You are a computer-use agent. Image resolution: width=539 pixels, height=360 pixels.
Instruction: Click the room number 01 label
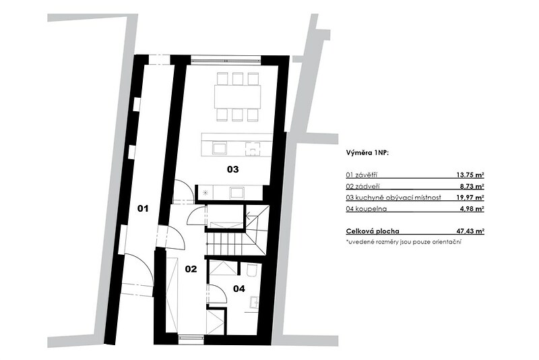point(143,208)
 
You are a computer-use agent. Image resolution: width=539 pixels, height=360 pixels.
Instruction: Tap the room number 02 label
point(191,269)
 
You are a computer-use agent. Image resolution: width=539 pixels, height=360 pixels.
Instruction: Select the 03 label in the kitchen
point(232,169)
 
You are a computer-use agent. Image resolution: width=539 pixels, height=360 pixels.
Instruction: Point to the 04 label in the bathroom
point(239,289)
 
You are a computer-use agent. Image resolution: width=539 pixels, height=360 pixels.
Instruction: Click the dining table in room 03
point(238,96)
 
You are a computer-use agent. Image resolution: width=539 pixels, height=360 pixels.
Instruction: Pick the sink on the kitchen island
point(220,148)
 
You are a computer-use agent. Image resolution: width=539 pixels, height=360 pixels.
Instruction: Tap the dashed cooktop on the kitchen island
point(253,149)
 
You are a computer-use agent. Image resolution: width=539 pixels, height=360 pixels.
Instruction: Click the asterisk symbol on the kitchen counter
point(205,193)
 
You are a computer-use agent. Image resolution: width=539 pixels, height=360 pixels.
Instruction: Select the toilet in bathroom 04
point(253,270)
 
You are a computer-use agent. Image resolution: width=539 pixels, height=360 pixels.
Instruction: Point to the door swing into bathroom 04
point(217,294)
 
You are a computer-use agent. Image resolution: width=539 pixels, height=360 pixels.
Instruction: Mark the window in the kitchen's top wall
point(226,60)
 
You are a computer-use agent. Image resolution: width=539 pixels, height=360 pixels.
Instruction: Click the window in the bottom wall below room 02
point(191,338)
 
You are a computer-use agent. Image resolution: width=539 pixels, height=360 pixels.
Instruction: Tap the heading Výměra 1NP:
point(367,153)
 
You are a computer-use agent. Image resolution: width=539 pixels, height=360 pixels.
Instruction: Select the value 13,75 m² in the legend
point(470,175)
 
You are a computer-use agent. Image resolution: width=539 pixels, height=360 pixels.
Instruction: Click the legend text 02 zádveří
point(362,186)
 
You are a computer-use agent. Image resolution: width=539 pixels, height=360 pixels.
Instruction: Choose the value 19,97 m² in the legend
point(470,198)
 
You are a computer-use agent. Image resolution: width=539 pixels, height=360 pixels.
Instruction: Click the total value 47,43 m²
point(470,231)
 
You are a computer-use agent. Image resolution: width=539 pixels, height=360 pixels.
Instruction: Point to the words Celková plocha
point(373,231)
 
